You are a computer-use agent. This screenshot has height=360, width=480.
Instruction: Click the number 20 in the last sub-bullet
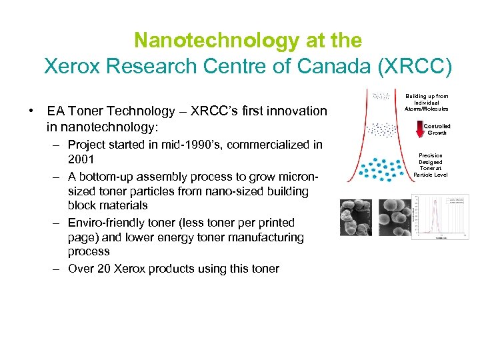103,269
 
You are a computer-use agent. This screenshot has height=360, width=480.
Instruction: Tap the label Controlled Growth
437,129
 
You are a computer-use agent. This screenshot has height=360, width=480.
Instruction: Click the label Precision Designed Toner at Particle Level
431,165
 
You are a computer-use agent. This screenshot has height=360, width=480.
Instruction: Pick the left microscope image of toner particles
357,218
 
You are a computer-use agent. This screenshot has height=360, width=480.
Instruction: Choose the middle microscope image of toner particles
395,218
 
